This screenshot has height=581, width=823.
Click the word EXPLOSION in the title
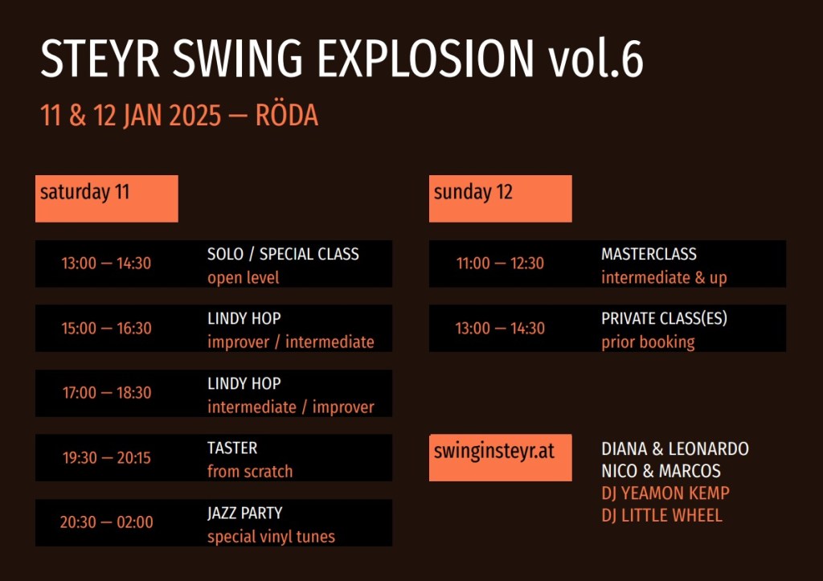426,58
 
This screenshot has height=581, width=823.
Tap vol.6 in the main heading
596,58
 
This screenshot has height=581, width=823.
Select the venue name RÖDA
287,116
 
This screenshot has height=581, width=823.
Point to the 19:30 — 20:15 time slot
107,458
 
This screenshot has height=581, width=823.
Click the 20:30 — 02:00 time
107,522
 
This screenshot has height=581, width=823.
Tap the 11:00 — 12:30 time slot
500,263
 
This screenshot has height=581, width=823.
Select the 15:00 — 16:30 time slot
107,328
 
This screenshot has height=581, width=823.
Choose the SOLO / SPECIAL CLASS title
283,254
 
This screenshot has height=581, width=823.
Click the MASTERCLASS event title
649,254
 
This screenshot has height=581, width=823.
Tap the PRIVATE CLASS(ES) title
664,318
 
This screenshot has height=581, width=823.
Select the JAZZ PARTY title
244,513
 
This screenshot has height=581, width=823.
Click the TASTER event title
232,448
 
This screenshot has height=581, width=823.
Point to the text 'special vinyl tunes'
271,536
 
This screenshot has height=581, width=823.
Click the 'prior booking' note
648,342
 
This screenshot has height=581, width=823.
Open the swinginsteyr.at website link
494,452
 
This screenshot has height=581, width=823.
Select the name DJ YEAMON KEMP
665,493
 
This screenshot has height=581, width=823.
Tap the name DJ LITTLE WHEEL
661,515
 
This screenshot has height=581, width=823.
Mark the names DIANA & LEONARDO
675,448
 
